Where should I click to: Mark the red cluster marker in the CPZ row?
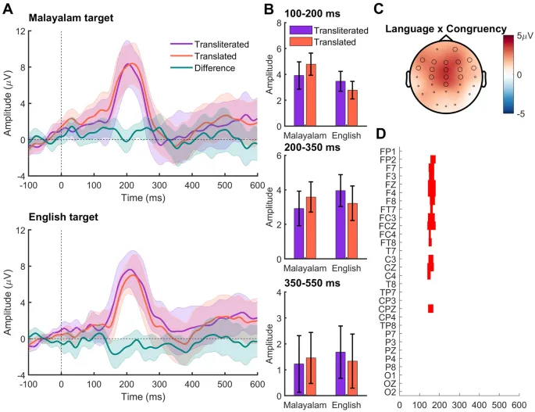(430, 308)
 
